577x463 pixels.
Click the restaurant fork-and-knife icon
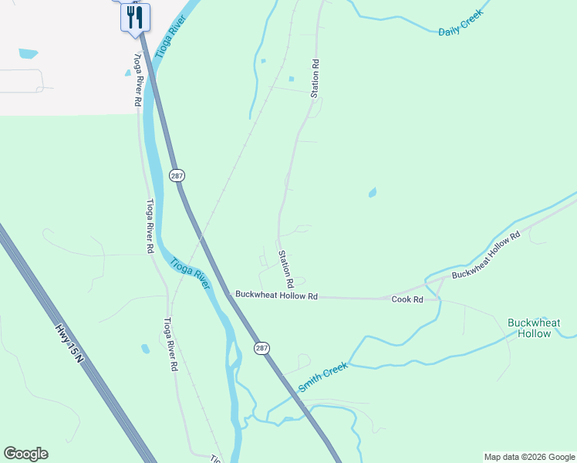tap(135, 16)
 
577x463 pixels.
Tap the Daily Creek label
tap(461, 22)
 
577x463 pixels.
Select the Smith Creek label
tap(323, 376)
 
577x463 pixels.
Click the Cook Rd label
tap(407, 299)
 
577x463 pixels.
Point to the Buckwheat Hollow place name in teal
tap(534, 328)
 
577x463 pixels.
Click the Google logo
tap(25, 454)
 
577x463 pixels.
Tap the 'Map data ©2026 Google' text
tap(528, 457)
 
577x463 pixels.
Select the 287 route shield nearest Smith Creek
tap(262, 348)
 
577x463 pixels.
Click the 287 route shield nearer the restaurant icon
tap(177, 176)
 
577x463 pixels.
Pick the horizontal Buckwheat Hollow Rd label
tap(276, 296)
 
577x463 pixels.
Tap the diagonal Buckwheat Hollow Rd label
tap(487, 254)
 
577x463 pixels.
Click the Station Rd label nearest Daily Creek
tap(315, 78)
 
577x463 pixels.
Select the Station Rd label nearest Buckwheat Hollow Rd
tap(285, 265)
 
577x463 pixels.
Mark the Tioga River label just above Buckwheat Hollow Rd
tap(191, 273)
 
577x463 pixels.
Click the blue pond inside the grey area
tap(28, 54)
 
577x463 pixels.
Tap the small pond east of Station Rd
tap(373, 192)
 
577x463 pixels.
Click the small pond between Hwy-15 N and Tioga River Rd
tap(145, 349)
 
